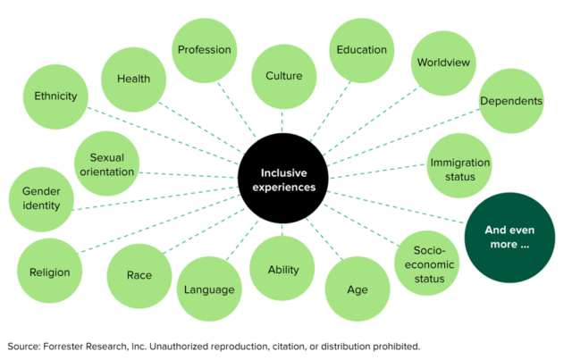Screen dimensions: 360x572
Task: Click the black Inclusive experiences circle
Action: pyautogui.click(x=282, y=180)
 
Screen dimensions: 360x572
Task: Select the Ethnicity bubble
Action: pyautogui.click(x=55, y=96)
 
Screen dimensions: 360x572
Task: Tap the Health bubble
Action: pyautogui.click(x=133, y=79)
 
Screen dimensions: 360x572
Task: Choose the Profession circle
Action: pyautogui.click(x=204, y=50)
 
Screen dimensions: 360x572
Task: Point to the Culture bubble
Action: pyautogui.click(x=284, y=77)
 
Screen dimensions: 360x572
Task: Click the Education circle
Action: pyautogui.click(x=361, y=50)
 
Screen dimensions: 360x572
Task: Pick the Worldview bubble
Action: pyautogui.click(x=444, y=64)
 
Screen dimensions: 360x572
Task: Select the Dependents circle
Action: pyautogui.click(x=510, y=101)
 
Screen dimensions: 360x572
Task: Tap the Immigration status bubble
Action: pyautogui.click(x=459, y=169)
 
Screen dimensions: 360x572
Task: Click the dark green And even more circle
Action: pyautogui.click(x=505, y=237)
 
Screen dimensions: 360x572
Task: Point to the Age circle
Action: pyautogui.click(x=357, y=289)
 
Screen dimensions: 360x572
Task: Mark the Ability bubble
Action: pyautogui.click(x=284, y=269)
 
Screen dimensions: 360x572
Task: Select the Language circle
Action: pyautogui.click(x=209, y=289)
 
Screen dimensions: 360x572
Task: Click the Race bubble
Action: pyautogui.click(x=139, y=275)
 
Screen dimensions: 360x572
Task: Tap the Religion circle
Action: pyautogui.click(x=49, y=272)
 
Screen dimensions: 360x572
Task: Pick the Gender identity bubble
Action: pyautogui.click(x=41, y=198)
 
